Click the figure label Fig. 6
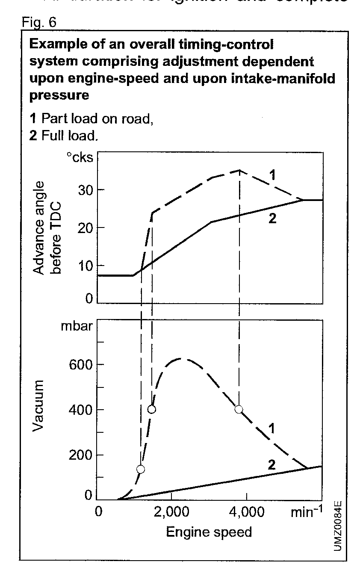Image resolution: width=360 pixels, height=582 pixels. tap(39, 22)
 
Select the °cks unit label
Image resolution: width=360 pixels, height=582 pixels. tap(80, 158)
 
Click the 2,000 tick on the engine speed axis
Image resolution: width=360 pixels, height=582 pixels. tap(171, 512)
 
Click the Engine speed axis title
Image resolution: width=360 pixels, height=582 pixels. tap(209, 532)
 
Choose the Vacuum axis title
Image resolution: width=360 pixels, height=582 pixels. tap(39, 405)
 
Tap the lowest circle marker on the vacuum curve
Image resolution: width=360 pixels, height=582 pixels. tap(141, 469)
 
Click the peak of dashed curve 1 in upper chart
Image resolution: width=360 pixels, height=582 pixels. tap(239, 170)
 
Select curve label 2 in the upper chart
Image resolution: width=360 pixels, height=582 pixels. tap(273, 219)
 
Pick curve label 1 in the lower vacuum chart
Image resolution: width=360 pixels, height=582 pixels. tap(270, 428)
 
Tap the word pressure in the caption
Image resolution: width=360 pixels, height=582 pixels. tap(59, 95)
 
